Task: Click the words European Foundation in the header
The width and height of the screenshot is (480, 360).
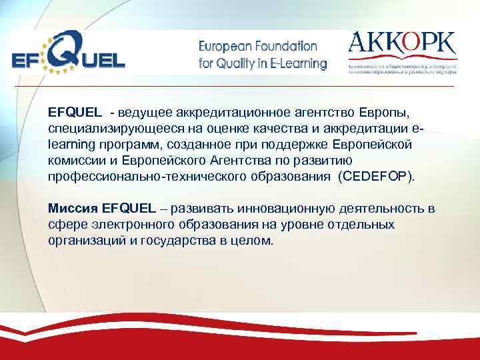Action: coord(258,47)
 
